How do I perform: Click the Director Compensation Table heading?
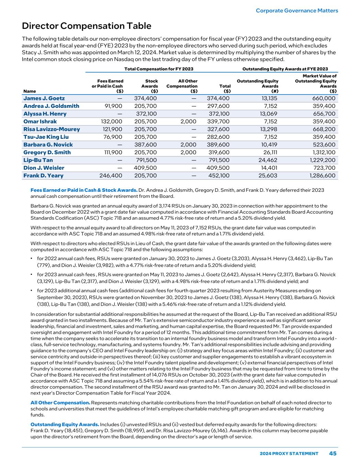coord(87,26)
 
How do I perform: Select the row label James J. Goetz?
coord(44,98)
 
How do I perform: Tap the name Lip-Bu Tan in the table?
coord(38,160)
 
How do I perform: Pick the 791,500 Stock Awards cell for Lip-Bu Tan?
coord(145,160)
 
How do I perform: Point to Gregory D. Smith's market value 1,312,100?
coord(323,153)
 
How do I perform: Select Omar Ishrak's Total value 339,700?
coord(218,122)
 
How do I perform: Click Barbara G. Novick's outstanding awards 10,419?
coord(268,145)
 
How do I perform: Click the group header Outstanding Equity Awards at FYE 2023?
coord(285,69)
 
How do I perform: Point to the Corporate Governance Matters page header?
coord(297,11)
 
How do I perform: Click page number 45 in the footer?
coord(333,454)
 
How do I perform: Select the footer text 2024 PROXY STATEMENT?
coord(289,454)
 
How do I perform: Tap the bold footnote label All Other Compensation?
coord(60,403)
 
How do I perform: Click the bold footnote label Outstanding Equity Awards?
coord(65,425)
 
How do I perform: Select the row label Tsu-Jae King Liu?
coord(46,137)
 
